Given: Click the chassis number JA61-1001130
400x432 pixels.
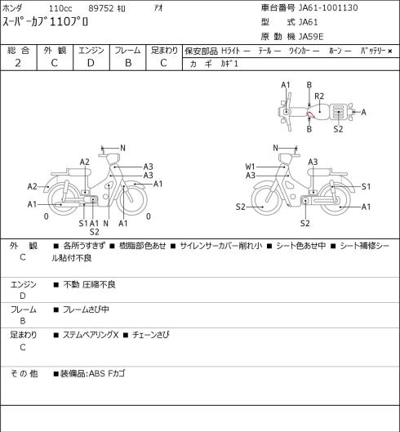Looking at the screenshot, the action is pos(328,7).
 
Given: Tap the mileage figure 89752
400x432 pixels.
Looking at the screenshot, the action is pos(101,8).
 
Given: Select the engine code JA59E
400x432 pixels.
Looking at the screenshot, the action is pos(311,37).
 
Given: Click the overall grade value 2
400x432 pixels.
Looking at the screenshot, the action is pos(18,63).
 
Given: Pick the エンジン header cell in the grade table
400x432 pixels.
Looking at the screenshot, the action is pos(91,51).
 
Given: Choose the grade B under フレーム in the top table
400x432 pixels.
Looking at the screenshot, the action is pos(128,63).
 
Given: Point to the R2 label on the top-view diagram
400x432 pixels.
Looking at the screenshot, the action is pos(319,96).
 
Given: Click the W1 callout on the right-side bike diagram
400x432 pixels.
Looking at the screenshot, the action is pos(250,167).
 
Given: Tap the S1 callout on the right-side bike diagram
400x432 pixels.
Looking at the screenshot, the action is pos(366,186).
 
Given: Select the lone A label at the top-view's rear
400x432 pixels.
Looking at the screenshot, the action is pos(363,112).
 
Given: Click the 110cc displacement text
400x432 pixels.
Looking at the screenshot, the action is pos(60,8).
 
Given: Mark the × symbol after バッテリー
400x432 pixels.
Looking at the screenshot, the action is pos(390,51).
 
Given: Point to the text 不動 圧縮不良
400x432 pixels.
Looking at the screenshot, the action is pos(89,284).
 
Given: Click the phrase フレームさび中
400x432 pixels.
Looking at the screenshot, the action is pos(86,310).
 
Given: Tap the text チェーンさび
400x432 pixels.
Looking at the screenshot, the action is pos(151,335).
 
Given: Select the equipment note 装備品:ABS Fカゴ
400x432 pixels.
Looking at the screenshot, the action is pos(92,373).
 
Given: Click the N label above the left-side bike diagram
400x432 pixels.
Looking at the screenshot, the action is pos(123,148).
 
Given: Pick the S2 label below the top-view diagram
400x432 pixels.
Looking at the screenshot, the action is pos(338,129).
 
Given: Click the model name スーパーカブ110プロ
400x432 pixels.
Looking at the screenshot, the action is pos(45,22).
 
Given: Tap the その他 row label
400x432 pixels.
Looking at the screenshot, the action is pos(24,373).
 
